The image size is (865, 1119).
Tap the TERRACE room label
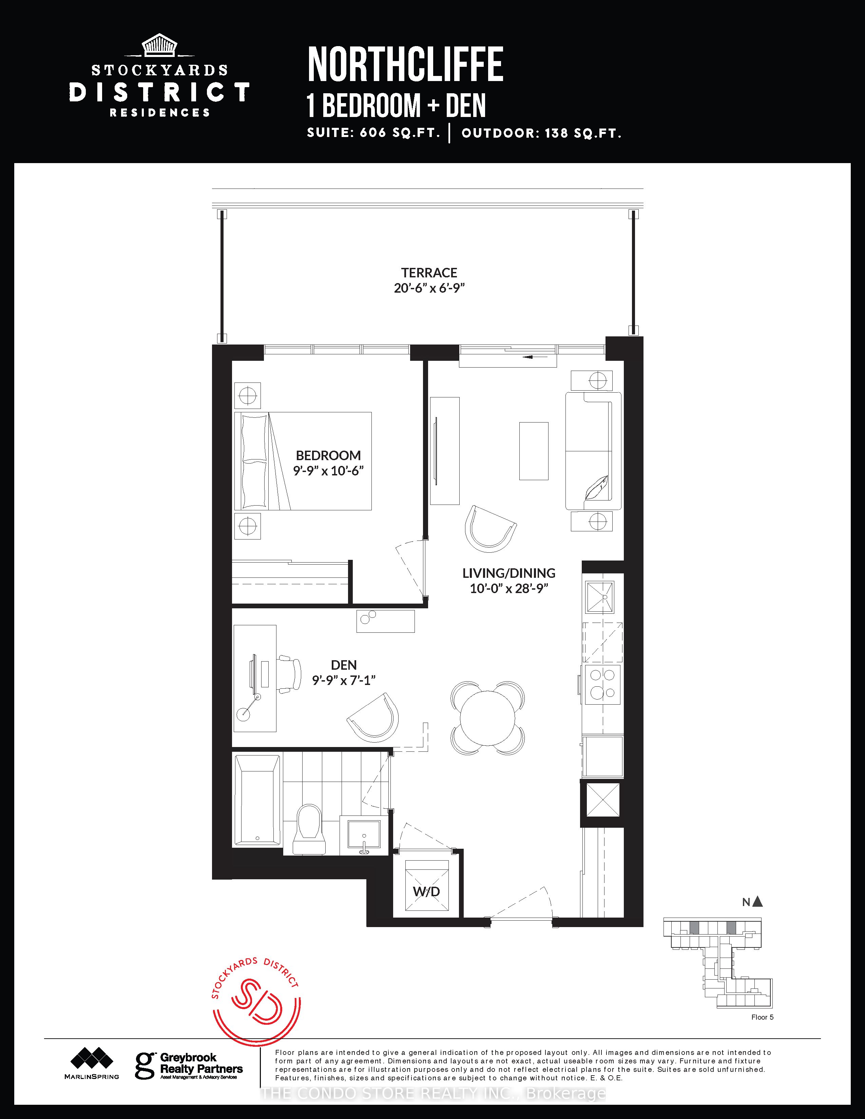[x=429, y=273]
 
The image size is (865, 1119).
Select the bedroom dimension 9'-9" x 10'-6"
[x=328, y=470]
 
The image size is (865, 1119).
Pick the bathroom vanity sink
[x=364, y=833]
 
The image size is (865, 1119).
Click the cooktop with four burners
[x=602, y=685]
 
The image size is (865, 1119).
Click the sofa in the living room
[x=593, y=451]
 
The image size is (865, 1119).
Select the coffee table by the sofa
[x=534, y=451]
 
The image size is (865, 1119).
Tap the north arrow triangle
[x=757, y=902]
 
